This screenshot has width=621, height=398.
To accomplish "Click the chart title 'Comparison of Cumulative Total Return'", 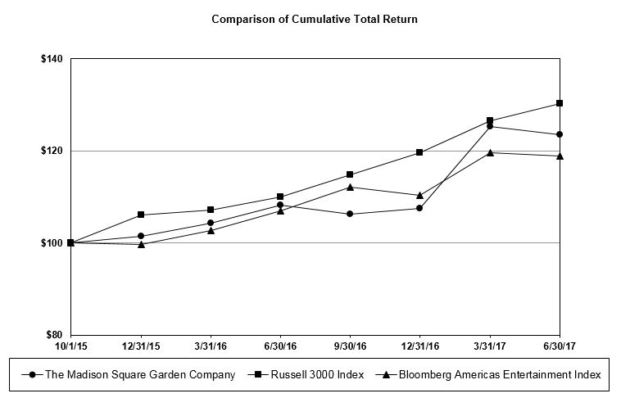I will click(315, 19).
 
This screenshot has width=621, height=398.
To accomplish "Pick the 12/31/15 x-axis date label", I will click(141, 346).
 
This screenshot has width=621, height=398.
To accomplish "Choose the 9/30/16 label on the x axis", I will click(350, 346).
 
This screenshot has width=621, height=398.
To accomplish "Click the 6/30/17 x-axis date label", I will click(560, 346).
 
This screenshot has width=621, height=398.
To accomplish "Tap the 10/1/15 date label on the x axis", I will click(71, 346).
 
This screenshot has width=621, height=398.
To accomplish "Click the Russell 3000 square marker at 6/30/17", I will click(560, 103).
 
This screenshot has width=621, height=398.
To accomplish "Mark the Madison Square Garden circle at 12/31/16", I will click(419, 208).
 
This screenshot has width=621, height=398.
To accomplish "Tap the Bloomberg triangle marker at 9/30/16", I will click(350, 187).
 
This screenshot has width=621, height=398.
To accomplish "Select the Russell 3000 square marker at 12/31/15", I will click(141, 215).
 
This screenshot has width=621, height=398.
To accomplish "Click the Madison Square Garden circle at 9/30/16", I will click(350, 214).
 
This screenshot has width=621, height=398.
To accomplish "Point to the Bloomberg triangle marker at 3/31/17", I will click(490, 152).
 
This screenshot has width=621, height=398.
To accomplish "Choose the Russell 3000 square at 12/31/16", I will click(419, 152).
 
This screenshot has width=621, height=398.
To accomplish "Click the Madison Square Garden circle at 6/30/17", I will click(560, 134).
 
